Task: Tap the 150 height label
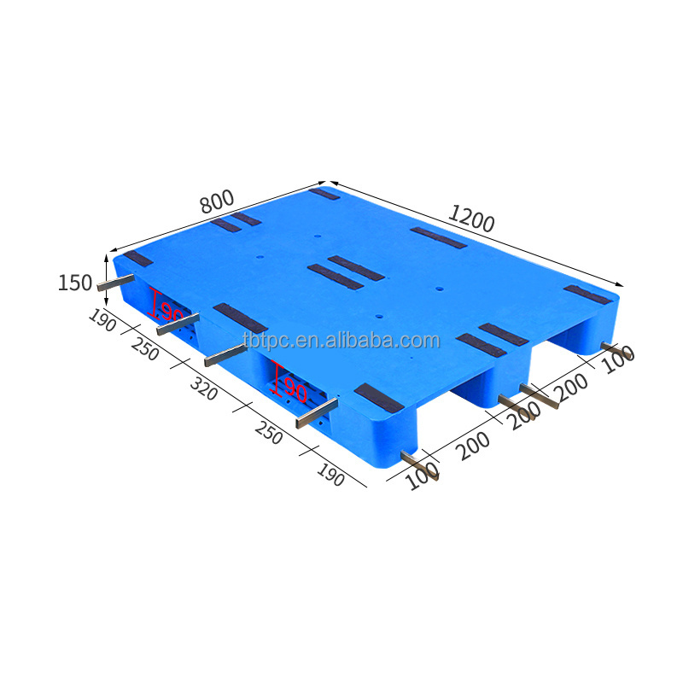pos(74,283)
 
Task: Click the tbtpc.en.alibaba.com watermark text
pos(341,341)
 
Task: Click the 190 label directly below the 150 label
pos(103,322)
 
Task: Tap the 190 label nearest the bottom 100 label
pos(330,474)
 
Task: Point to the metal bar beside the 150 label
pos(115,282)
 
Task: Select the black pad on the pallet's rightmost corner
pos(587,294)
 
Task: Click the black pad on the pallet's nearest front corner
pos(378,397)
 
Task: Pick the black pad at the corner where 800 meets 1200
pos(324,194)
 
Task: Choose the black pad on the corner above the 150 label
pos(137,259)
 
